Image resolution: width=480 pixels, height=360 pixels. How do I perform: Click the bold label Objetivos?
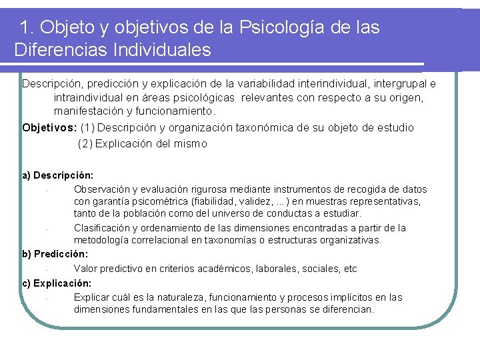[x=49, y=127]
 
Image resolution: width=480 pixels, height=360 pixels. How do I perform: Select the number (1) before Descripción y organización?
[x=88, y=127]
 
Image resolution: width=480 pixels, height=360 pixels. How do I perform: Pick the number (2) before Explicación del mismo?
[x=86, y=143]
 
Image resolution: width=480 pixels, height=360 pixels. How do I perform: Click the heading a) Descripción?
[x=58, y=175]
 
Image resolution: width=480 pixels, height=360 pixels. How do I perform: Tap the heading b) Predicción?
[x=55, y=254]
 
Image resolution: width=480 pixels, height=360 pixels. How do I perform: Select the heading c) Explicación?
[x=57, y=283]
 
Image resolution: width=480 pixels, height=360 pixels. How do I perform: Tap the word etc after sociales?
[x=349, y=269]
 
